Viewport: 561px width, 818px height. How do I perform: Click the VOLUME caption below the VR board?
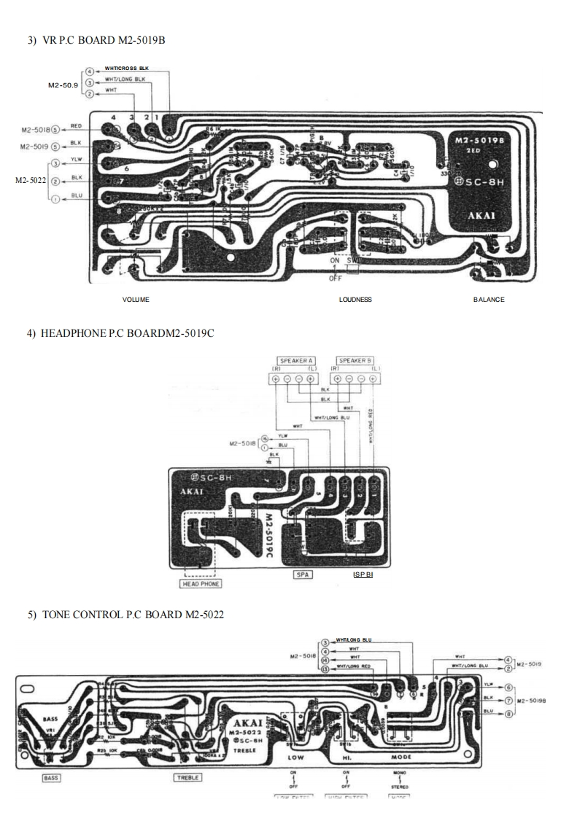pyautogui.click(x=136, y=300)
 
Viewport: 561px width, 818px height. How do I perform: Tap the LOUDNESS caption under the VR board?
pyautogui.click(x=355, y=300)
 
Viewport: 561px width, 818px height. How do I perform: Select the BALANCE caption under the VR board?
pyautogui.click(x=489, y=300)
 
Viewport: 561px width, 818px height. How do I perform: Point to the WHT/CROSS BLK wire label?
pyautogui.click(x=127, y=69)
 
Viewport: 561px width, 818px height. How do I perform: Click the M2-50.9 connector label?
pyautogui.click(x=63, y=85)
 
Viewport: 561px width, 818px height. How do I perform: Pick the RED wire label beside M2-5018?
pyautogui.click(x=76, y=125)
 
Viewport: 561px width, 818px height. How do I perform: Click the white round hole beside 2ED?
pyautogui.click(x=494, y=165)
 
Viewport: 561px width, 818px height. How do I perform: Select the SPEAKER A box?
pyautogui.click(x=297, y=361)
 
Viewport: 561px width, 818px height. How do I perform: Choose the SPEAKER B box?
pyautogui.click(x=355, y=361)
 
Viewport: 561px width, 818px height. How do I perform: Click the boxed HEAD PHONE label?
pyautogui.click(x=201, y=584)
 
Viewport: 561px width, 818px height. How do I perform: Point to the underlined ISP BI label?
pyautogui.click(x=363, y=575)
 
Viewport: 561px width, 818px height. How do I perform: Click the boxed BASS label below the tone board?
pyautogui.click(x=51, y=778)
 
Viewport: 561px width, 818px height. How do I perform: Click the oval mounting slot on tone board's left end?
pyautogui.click(x=27, y=687)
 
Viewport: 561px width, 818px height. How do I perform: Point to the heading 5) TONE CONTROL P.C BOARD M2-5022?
pyautogui.click(x=125, y=615)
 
